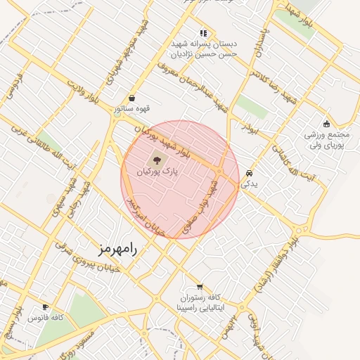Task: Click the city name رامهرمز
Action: (117, 249)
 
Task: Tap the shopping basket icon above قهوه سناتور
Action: (132, 98)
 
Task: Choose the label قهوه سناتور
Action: (134, 109)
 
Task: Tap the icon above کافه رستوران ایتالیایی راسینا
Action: (200, 287)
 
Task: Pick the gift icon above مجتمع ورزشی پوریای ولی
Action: (326, 124)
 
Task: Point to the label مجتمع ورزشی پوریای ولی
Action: (326, 139)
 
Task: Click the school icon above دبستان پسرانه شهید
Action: (203, 32)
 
